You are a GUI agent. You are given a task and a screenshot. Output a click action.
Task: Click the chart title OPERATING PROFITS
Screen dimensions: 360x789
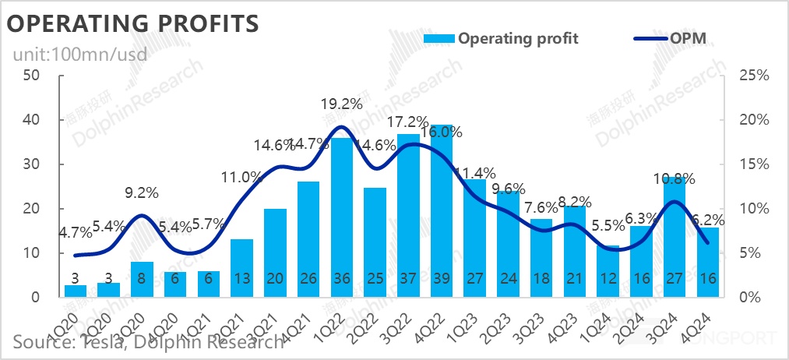(x=132, y=23)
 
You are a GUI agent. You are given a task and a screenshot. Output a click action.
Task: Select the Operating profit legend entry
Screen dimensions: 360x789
(x=518, y=38)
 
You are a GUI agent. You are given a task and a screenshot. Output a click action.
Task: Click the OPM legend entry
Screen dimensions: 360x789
(x=685, y=38)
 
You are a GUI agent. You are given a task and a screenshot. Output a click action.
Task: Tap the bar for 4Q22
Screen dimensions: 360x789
(x=442, y=210)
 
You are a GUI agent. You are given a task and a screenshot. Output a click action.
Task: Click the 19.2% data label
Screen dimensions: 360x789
(x=341, y=103)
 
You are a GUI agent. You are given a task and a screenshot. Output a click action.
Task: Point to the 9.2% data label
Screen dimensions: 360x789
(x=143, y=190)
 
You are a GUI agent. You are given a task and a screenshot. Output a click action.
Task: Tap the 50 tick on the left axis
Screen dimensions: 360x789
(x=32, y=76)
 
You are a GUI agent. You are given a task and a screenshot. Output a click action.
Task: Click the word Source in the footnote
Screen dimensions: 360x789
(x=38, y=342)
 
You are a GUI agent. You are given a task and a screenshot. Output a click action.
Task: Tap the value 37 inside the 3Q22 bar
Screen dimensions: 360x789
(x=408, y=279)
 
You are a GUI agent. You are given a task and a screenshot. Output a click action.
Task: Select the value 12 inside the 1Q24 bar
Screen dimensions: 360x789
(x=608, y=279)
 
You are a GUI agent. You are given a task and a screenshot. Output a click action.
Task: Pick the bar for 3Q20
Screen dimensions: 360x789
(x=143, y=280)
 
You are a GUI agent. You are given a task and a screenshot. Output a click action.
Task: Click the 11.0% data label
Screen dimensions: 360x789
(x=242, y=177)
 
